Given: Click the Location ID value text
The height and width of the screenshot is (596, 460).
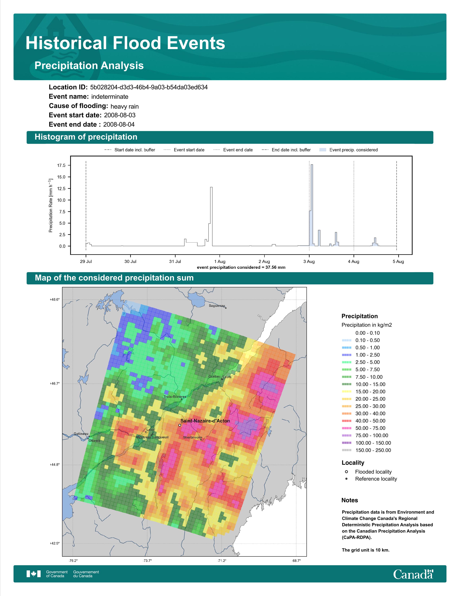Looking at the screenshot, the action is [149, 87].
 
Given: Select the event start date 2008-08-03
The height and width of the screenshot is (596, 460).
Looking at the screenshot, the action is [120, 115].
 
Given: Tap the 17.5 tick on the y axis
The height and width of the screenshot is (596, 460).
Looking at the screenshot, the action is [61, 165].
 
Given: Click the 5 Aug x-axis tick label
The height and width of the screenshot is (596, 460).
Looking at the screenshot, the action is [398, 262].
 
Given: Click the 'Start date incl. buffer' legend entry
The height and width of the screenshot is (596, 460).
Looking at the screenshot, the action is [130, 150].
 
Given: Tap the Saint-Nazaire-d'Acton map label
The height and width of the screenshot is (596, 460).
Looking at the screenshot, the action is [205, 421].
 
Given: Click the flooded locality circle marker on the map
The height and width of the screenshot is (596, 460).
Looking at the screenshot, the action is [180, 425].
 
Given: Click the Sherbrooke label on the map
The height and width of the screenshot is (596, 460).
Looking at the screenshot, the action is [193, 437].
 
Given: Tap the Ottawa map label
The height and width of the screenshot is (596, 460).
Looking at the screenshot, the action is [94, 440].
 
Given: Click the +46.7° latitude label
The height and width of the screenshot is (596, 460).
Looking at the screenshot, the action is [54, 383].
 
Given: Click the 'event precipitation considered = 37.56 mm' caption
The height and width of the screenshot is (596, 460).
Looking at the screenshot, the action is [241, 267].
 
